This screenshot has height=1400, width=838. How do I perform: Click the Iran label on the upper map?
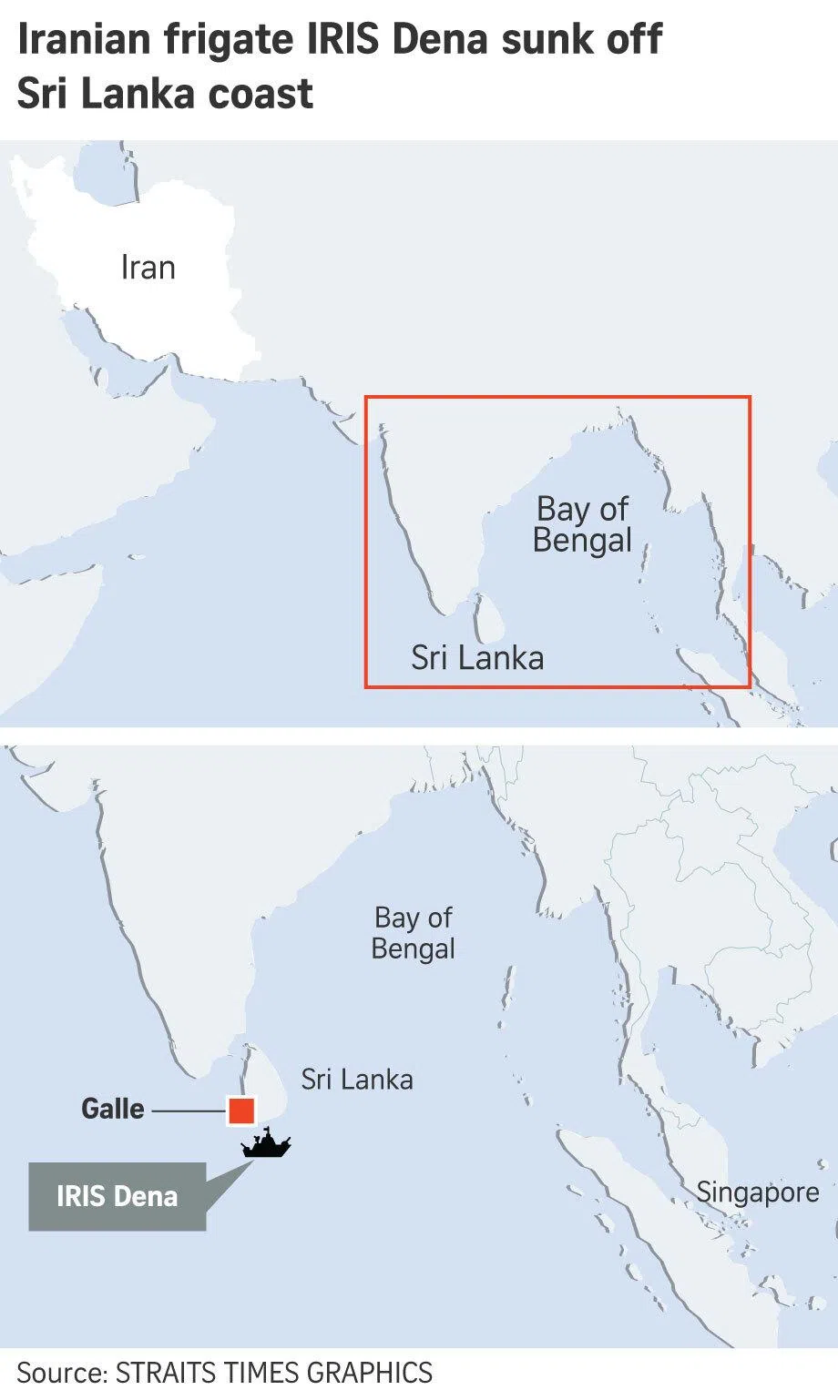148,268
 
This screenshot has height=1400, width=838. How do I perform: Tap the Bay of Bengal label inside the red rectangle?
582,524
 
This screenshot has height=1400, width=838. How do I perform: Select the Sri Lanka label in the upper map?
477,657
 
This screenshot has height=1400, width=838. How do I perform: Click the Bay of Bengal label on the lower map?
414,933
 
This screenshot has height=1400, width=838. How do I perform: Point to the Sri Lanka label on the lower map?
357,1080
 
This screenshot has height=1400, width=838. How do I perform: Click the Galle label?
113,1109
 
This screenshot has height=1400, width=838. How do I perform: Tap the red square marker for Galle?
241,1111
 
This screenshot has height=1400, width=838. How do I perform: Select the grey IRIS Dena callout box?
117,1196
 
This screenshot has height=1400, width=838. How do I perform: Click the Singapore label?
758,1192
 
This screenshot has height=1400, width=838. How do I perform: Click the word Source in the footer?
59,1372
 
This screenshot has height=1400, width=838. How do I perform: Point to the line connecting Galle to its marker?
189,1111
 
